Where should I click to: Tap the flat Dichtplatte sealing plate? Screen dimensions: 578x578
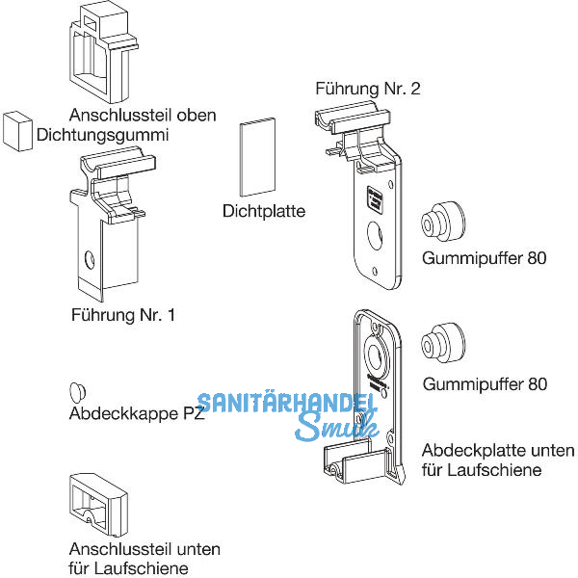tap(257, 157)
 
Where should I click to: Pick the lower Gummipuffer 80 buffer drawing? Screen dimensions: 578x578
tap(443, 342)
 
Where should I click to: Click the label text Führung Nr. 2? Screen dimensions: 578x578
tap(368, 89)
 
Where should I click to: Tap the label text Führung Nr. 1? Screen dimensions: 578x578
tap(124, 314)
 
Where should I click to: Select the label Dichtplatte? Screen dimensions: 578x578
tap(263, 210)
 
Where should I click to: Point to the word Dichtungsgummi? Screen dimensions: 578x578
tap(102, 135)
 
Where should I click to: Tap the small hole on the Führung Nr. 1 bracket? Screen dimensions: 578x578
tap(90, 260)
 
